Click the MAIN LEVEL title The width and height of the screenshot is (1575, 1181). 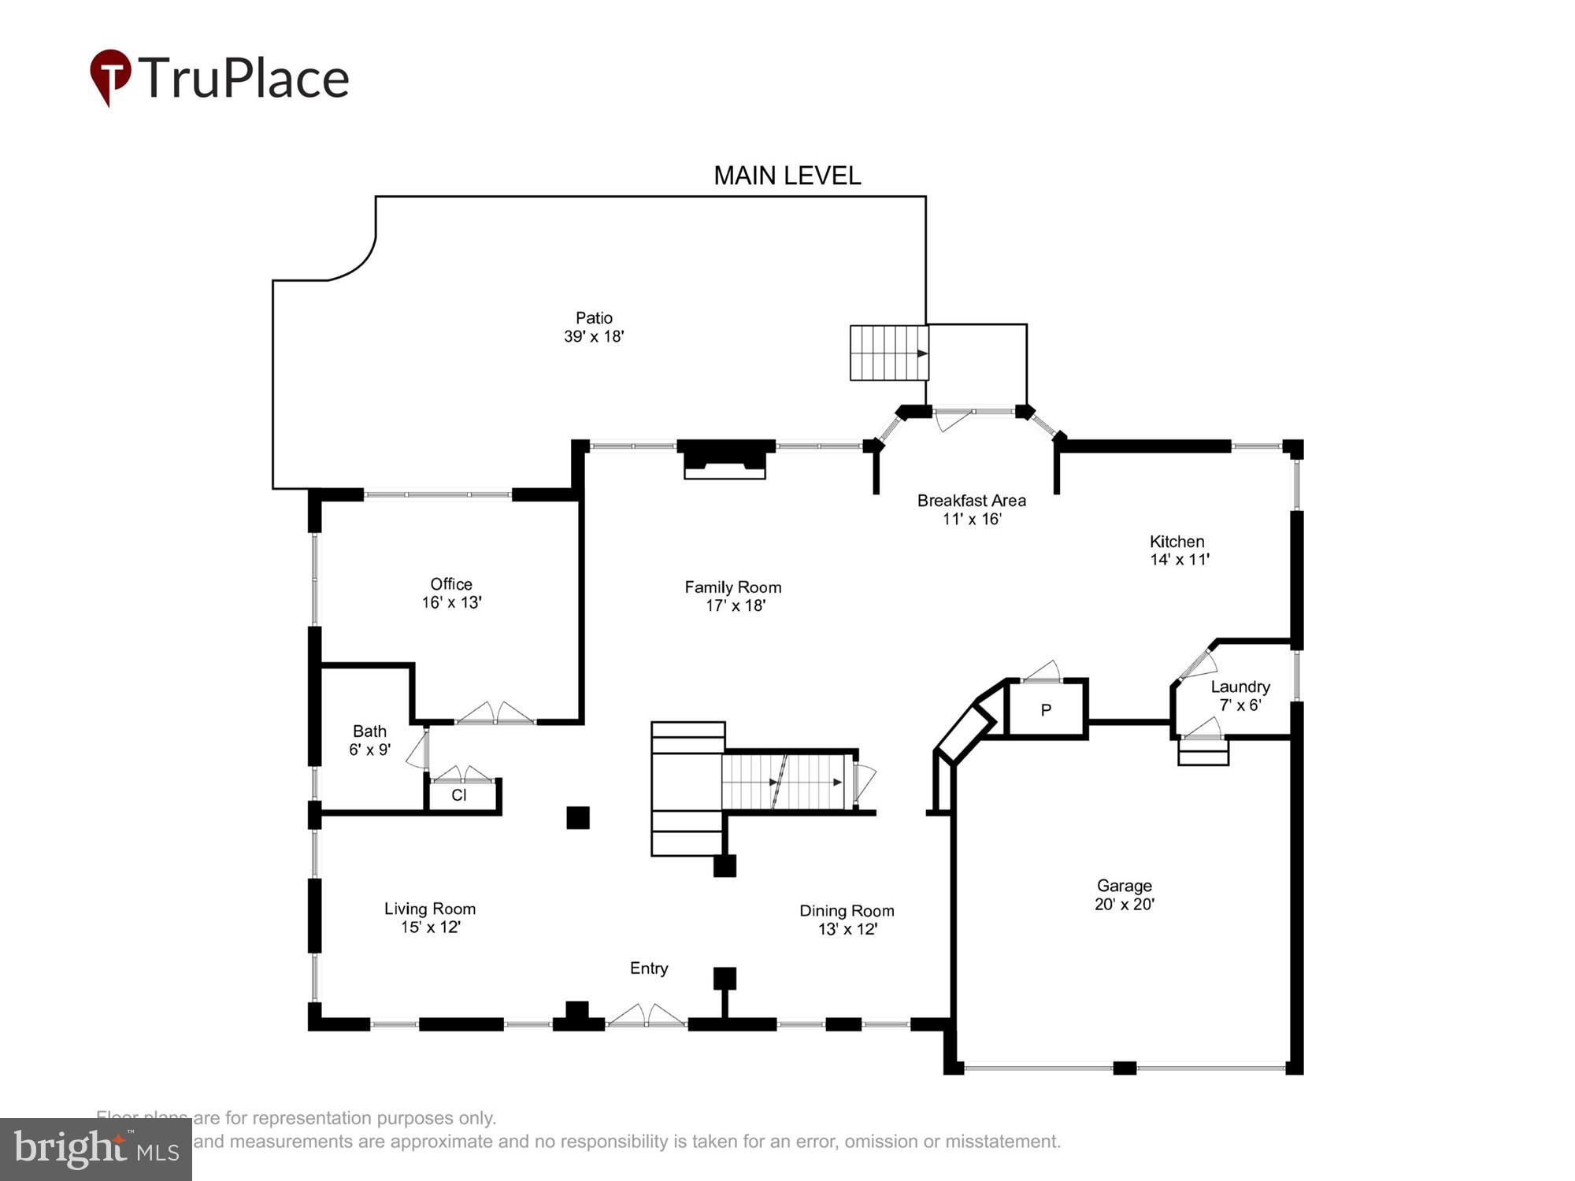pyautogui.click(x=787, y=175)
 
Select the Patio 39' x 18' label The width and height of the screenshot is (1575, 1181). pyautogui.click(x=594, y=327)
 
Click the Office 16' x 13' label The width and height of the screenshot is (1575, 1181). pyautogui.click(x=451, y=593)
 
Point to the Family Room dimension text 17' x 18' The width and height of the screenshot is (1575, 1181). pyautogui.click(x=736, y=605)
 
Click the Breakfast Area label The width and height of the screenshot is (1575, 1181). pyautogui.click(x=971, y=501)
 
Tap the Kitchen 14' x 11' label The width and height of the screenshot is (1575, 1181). pyautogui.click(x=1178, y=550)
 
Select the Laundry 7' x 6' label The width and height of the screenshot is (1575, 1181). pyautogui.click(x=1240, y=696)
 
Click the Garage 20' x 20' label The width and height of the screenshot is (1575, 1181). pyautogui.click(x=1124, y=894)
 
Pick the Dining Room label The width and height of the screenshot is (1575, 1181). pyautogui.click(x=847, y=911)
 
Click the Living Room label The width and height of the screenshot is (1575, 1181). pyautogui.click(x=430, y=909)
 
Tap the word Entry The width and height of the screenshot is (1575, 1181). pyautogui.click(x=649, y=968)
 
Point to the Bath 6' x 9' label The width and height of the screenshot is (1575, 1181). pyautogui.click(x=369, y=740)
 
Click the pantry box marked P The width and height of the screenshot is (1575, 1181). pyautogui.click(x=1046, y=710)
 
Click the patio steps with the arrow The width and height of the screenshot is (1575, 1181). pyautogui.click(x=888, y=353)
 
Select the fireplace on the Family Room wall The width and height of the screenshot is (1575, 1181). pyautogui.click(x=725, y=459)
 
